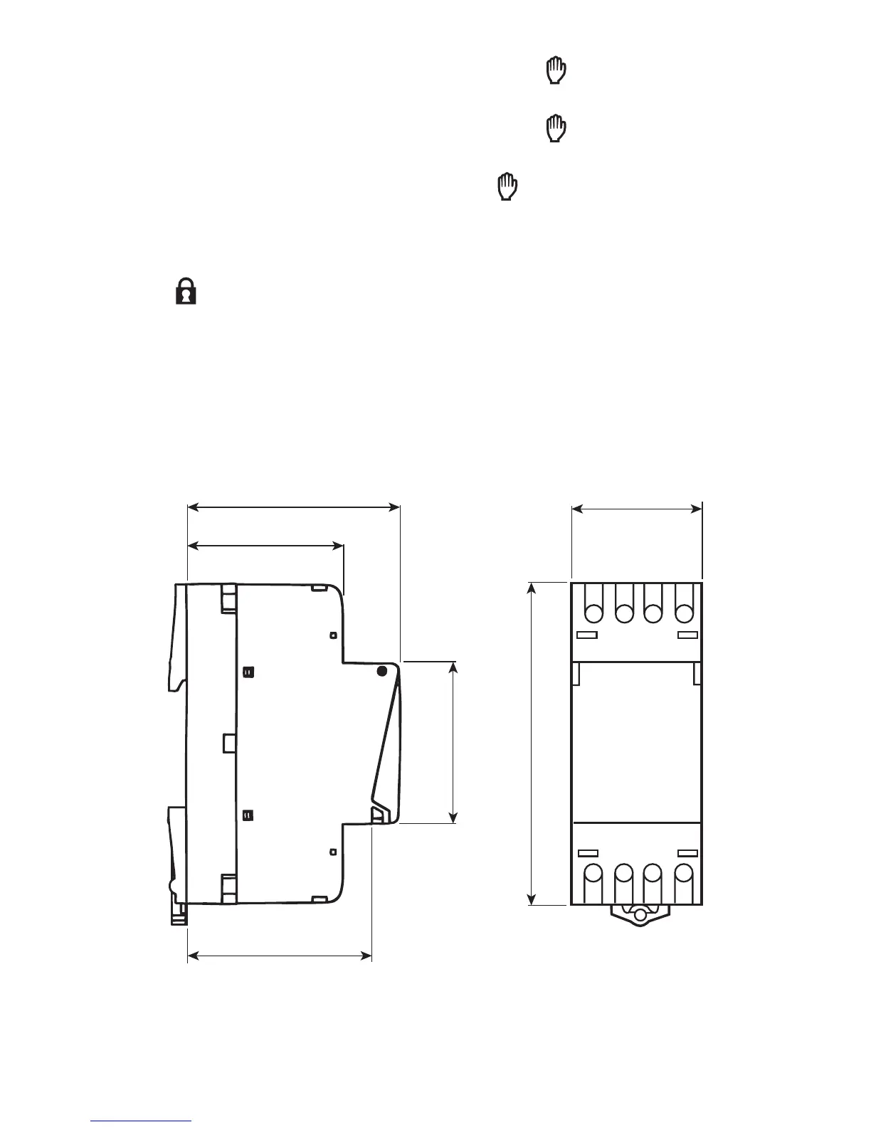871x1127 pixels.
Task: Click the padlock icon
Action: [186, 292]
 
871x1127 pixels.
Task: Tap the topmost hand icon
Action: [556, 72]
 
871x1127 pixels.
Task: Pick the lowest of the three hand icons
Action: [507, 186]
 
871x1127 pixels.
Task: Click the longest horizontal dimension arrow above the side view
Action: [293, 507]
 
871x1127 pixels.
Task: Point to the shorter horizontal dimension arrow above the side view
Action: [265, 546]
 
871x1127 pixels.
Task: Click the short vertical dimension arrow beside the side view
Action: [454, 742]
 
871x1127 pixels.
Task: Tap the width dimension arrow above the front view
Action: [637, 509]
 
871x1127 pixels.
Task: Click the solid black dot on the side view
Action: [381, 671]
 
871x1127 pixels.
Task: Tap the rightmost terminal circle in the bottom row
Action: [684, 873]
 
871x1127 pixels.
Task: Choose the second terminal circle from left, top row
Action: [624, 612]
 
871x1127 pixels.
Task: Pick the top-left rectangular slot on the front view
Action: [587, 635]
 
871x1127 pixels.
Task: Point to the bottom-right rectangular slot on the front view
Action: [687, 852]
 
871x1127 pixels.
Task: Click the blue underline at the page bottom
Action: [142, 1121]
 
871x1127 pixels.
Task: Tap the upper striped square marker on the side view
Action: [248, 672]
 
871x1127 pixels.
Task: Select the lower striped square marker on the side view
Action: [248, 815]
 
